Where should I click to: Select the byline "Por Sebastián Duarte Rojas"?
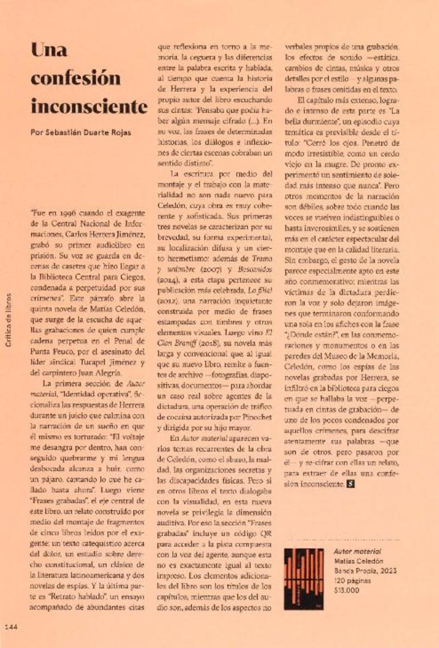tap(80, 132)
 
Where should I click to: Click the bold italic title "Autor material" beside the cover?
tap(357, 550)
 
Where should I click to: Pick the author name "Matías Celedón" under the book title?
tap(357, 560)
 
